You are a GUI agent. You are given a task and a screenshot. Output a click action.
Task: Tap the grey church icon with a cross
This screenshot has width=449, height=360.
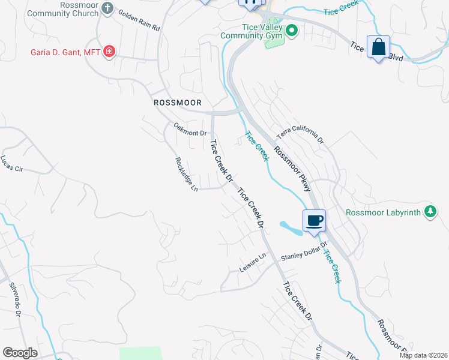(x=107, y=8)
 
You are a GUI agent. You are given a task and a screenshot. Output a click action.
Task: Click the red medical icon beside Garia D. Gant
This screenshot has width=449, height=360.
(x=109, y=52)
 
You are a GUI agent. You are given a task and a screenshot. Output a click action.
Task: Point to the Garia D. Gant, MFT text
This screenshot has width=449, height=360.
(x=65, y=52)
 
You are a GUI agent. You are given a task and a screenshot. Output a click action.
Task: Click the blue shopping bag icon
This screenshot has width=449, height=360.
(x=379, y=47)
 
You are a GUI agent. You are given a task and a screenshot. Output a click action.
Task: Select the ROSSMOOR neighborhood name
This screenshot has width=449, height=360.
(x=177, y=103)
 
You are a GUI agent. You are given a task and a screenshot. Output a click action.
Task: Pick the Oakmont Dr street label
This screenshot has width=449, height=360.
(x=190, y=129)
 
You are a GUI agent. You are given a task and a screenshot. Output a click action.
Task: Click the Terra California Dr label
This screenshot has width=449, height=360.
(x=300, y=136)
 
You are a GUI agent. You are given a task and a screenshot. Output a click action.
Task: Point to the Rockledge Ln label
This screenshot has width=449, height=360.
(x=186, y=175)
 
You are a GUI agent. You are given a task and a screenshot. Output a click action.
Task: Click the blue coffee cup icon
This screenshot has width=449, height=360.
(x=314, y=220)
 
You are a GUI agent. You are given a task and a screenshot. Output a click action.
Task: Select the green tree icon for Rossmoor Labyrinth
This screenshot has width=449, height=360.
(x=430, y=211)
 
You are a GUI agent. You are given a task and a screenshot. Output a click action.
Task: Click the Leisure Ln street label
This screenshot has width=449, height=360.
(x=253, y=262)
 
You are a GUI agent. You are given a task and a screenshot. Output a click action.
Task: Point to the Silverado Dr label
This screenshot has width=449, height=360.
(x=14, y=302)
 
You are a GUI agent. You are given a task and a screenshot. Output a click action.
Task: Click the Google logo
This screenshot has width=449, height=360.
(x=20, y=353)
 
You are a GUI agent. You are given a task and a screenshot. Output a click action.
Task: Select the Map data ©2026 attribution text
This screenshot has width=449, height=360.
(x=423, y=355)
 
